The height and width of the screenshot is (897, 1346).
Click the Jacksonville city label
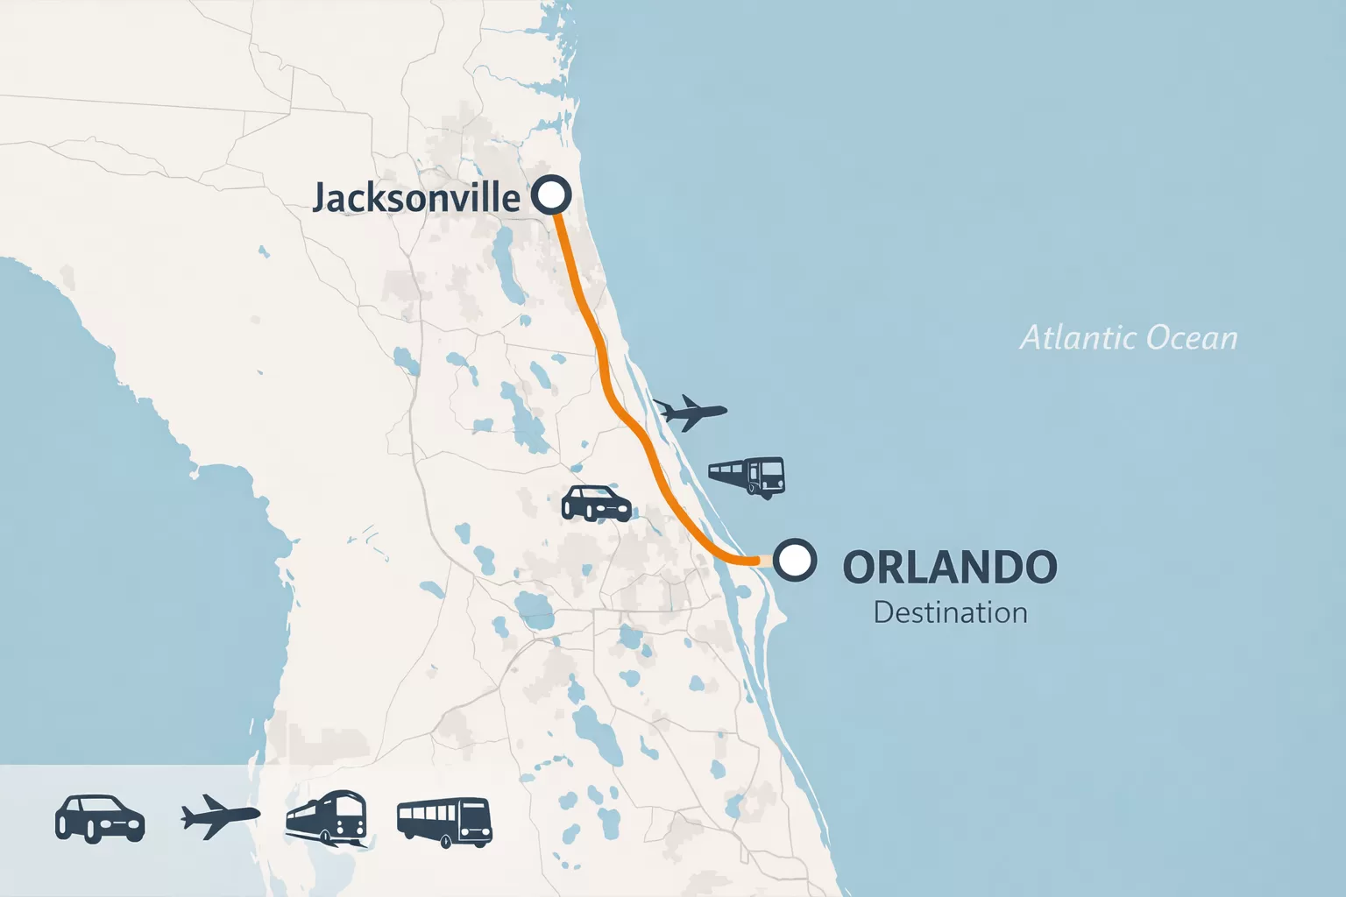tap(416, 197)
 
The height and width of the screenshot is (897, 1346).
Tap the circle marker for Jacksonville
tap(551, 194)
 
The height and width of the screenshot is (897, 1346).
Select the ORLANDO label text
tap(950, 568)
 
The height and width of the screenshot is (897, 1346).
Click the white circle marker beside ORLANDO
tap(795, 560)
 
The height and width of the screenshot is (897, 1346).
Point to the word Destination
tap(950, 612)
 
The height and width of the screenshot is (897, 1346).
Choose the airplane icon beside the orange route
tap(691, 412)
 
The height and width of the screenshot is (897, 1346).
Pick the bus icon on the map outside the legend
tap(747, 477)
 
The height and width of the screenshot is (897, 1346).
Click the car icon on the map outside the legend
tap(596, 504)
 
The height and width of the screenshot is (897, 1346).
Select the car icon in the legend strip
tap(100, 819)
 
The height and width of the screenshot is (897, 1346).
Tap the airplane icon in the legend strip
tap(220, 816)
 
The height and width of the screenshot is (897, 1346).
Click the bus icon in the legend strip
tap(444, 822)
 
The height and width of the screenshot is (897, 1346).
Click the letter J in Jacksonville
tap(321, 199)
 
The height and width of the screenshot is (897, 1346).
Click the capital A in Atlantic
tap(1033, 338)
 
